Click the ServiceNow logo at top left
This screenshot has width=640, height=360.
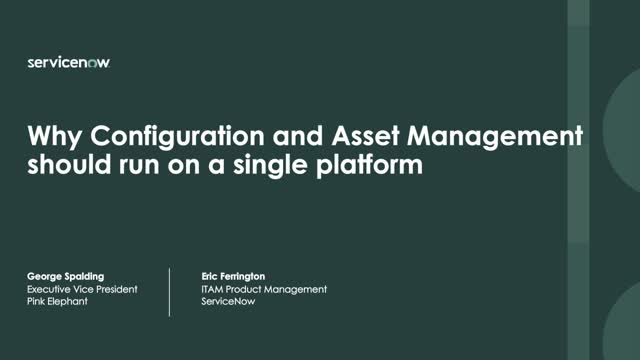68,62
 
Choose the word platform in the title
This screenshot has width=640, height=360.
369,164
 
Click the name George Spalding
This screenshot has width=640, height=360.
66,274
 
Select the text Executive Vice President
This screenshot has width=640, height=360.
81,289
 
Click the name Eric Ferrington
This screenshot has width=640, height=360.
232,274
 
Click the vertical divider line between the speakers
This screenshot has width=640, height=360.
169,291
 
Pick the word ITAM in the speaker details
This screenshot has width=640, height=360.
212,289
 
